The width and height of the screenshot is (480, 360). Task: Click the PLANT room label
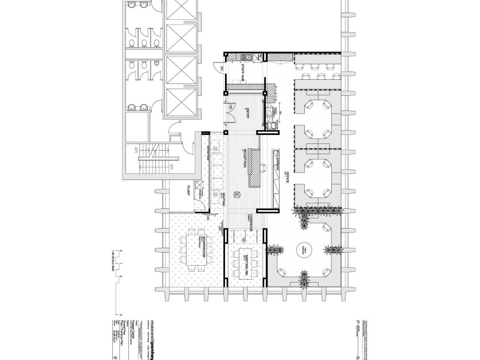coord(188,191)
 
